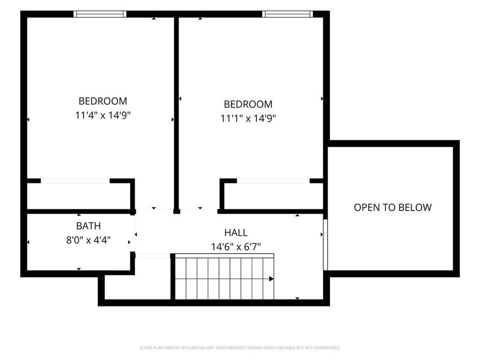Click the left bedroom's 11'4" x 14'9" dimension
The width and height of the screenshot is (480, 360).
pos(103,115)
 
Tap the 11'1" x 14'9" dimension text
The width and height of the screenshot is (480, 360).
pos(248,119)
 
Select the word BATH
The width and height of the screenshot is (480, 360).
pos(89,226)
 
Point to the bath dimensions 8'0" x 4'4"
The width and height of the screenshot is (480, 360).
pos(89,240)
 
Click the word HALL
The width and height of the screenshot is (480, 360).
pos(236,232)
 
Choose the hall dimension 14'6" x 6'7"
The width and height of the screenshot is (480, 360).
pos(236,247)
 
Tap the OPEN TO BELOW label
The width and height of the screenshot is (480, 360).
pos(393,208)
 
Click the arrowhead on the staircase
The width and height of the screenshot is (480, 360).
pos(271,279)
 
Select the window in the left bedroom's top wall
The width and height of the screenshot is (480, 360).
pos(100,14)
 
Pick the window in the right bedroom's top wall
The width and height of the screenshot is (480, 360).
pos(288,14)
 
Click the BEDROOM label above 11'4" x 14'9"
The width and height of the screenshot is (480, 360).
pos(103,101)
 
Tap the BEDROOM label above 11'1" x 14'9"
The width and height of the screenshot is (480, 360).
pos(248,105)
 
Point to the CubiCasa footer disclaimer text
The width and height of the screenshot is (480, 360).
pos(240,348)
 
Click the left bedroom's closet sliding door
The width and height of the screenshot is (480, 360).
pos(75,181)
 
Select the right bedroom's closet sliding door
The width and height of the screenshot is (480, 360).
pos(273,181)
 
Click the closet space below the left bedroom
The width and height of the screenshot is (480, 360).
pos(79,196)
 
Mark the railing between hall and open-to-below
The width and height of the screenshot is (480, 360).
pos(325,245)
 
